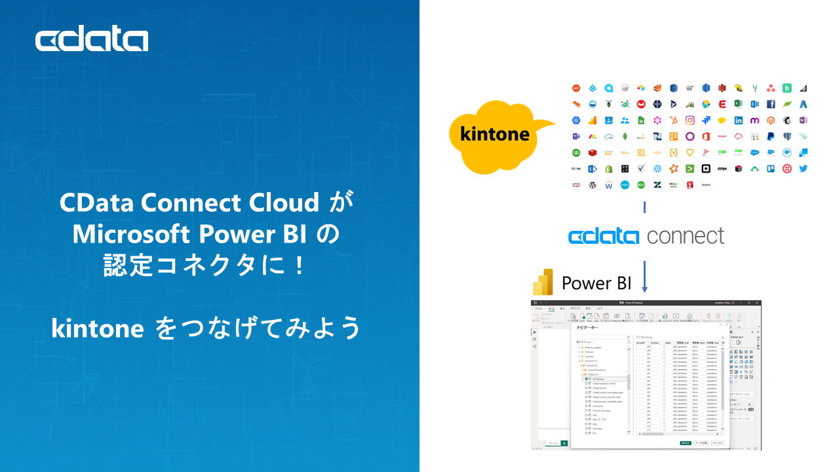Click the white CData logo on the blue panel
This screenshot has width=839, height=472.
(x=92, y=40)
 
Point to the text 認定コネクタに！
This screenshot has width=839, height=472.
(x=205, y=265)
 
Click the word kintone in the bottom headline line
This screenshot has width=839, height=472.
(x=98, y=328)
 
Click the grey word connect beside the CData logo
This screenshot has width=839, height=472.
(x=686, y=236)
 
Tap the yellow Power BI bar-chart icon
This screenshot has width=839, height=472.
(x=543, y=283)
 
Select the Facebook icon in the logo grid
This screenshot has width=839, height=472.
(x=771, y=104)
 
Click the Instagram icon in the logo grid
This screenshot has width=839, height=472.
(x=690, y=120)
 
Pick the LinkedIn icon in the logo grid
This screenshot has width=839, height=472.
(x=739, y=121)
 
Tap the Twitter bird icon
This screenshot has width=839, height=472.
(x=803, y=168)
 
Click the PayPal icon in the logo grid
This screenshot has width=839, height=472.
(x=771, y=136)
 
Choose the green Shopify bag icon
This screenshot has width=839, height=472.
(x=608, y=168)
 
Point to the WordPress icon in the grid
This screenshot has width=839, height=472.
(x=593, y=185)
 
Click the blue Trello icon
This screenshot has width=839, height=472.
(x=771, y=168)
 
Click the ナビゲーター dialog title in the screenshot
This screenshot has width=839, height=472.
(x=587, y=326)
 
